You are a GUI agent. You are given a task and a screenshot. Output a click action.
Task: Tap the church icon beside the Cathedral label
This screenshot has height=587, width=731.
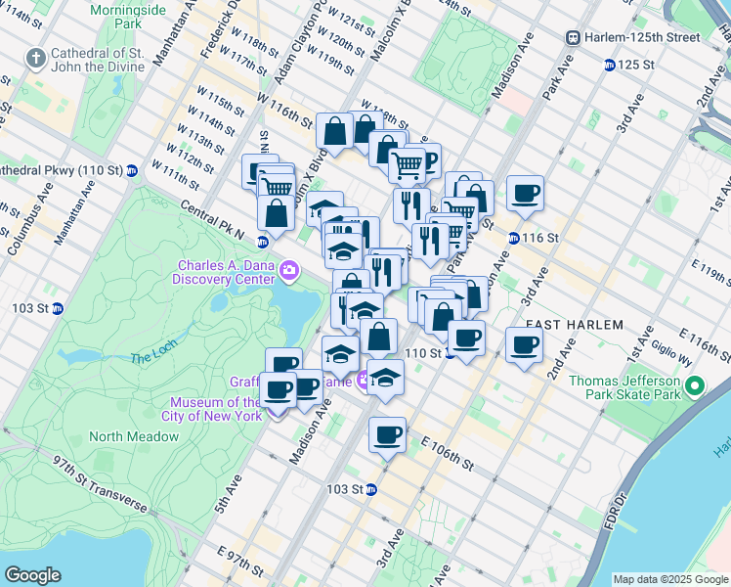tap(36, 58)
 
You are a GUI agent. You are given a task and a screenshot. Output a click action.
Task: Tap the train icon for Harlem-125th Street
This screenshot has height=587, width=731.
tap(574, 37)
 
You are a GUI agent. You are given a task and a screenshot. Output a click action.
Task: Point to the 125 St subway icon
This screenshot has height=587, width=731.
tap(610, 65)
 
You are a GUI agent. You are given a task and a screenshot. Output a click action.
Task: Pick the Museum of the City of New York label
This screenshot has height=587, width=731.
tap(216, 409)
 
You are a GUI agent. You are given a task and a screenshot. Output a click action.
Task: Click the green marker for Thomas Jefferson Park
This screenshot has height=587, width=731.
tap(695, 387)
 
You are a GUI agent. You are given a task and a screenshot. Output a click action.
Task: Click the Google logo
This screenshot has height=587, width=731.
tap(32, 575)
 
